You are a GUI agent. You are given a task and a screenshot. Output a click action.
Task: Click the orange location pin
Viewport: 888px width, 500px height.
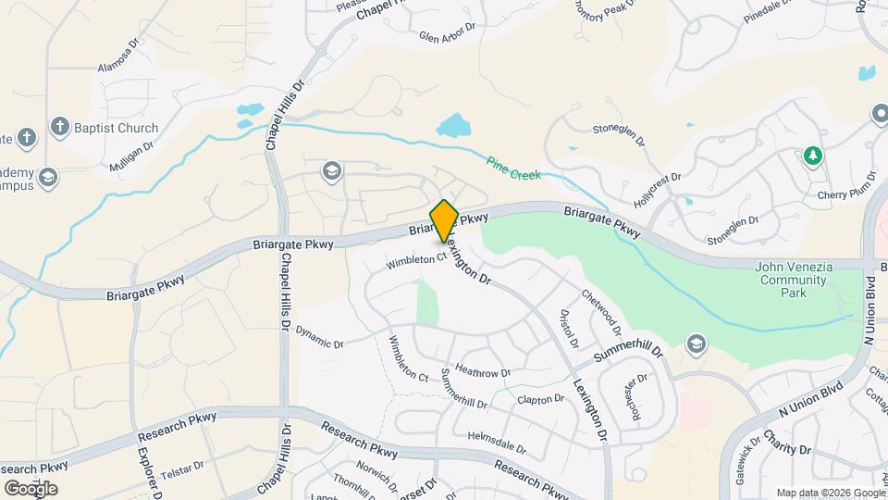coord(444,220)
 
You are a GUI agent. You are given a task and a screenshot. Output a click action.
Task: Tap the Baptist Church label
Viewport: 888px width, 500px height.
coord(117,128)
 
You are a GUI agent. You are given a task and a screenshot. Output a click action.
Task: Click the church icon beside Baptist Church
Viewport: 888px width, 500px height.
coord(60,127)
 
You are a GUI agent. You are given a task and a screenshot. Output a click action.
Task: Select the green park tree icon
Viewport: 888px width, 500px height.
coord(812,156)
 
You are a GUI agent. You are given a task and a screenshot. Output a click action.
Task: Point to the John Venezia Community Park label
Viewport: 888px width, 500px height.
coord(794,280)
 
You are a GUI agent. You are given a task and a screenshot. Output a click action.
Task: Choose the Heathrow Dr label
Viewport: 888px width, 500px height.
coord(483,372)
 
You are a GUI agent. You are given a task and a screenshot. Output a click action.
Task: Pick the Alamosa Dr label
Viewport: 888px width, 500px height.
coord(117,68)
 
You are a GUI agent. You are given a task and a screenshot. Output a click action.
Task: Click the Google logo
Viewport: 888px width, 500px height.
coord(31,488)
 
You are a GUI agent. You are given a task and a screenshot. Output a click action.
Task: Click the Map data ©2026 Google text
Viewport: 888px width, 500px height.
coord(830,493)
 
